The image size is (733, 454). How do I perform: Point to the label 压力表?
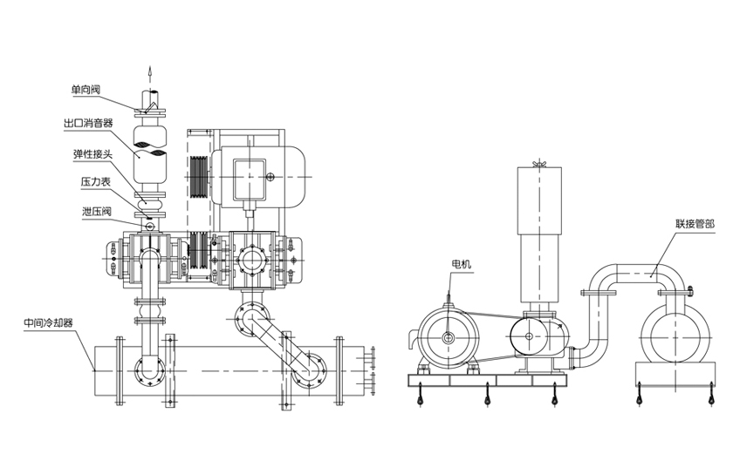click(x=94, y=184)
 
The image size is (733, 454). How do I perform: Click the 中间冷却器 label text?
click(x=48, y=322)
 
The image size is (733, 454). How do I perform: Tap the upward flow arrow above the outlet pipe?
click(x=148, y=72)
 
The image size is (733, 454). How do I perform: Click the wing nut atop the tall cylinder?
click(x=539, y=164)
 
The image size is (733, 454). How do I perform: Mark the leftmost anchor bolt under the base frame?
click(x=420, y=398)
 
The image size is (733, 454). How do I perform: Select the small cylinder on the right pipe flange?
click(x=689, y=292)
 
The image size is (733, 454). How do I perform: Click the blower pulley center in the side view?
click(x=526, y=333)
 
